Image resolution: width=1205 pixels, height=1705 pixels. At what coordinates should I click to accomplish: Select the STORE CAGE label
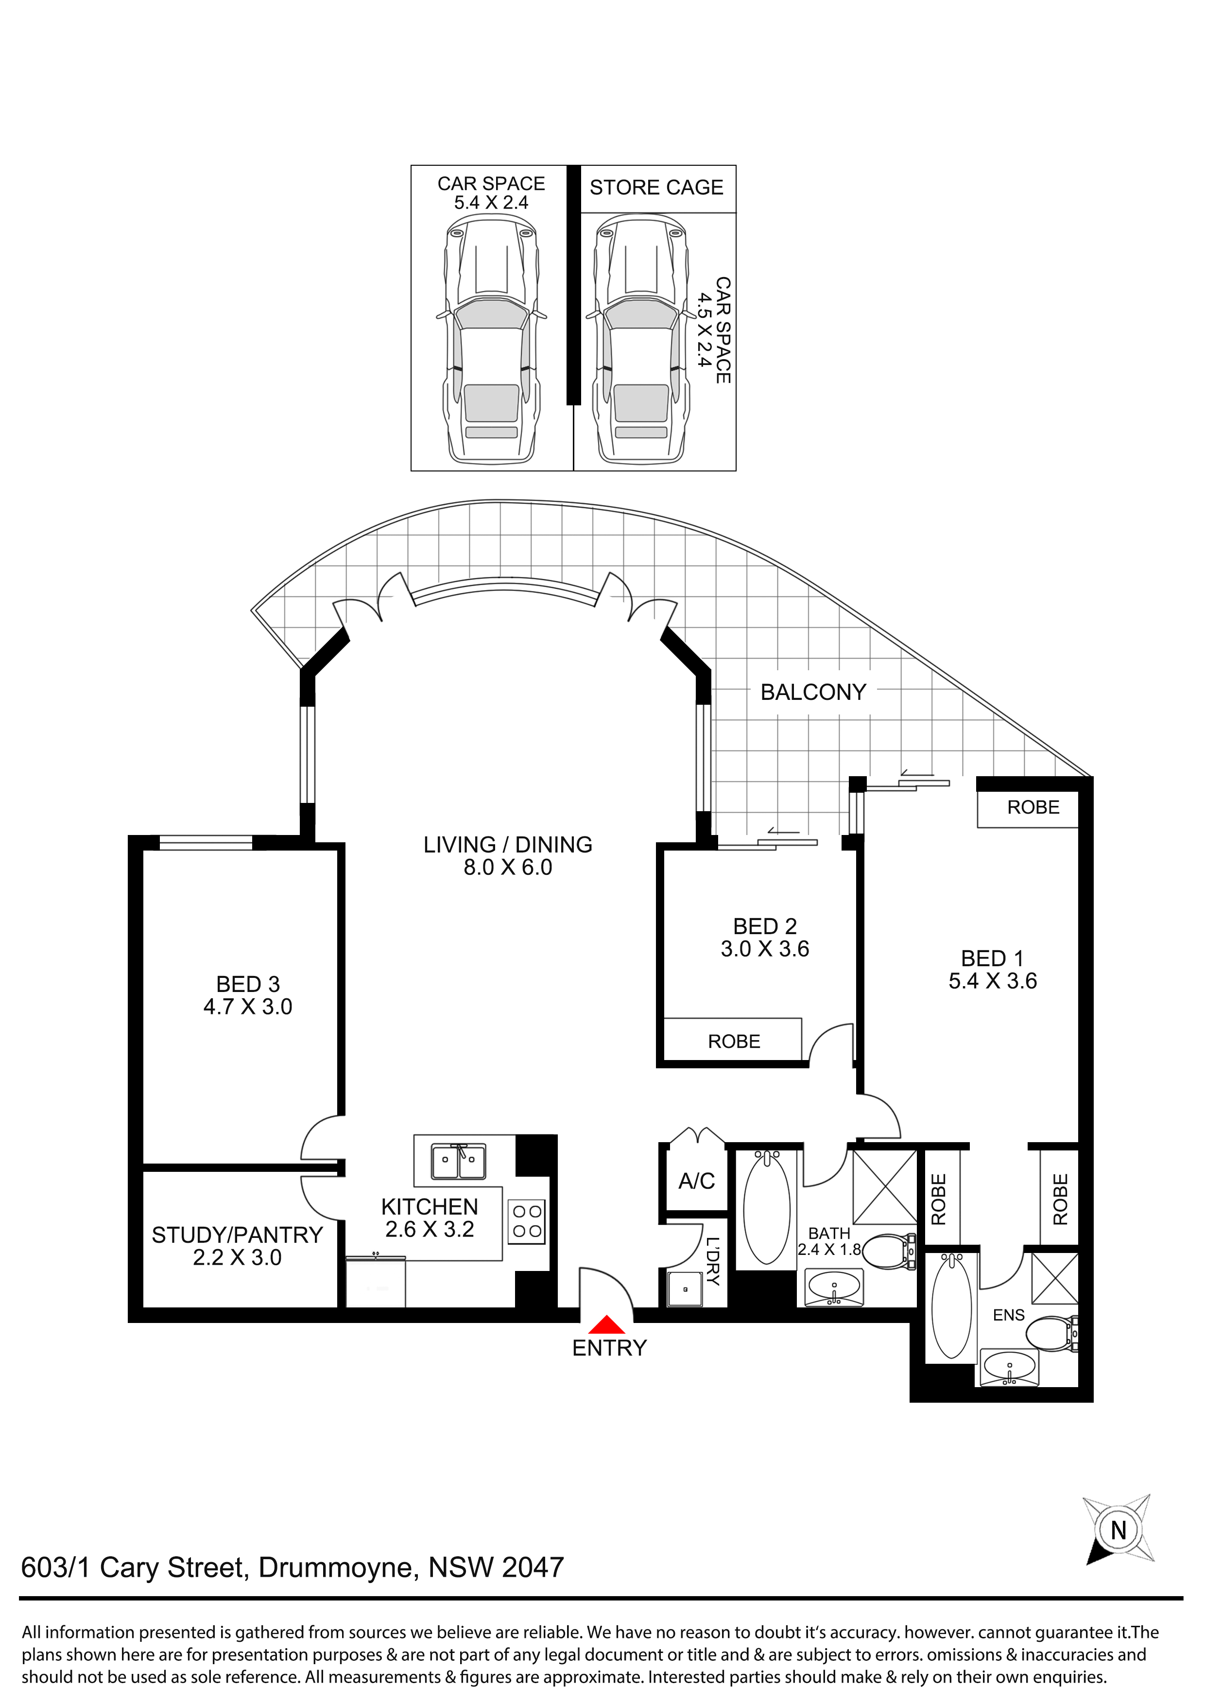pyautogui.click(x=656, y=187)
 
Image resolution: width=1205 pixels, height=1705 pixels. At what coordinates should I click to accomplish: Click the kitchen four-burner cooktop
pyautogui.click(x=526, y=1222)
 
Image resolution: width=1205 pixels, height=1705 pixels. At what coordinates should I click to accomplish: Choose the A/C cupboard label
pyautogui.click(x=696, y=1181)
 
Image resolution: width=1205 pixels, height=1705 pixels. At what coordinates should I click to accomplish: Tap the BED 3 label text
pyautogui.click(x=248, y=984)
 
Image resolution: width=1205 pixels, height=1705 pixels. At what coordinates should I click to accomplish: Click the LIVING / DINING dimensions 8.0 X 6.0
pyautogui.click(x=508, y=868)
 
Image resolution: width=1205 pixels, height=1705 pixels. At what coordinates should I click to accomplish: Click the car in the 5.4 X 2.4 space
pyautogui.click(x=492, y=343)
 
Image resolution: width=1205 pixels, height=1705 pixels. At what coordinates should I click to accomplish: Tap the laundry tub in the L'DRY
pyautogui.click(x=685, y=1289)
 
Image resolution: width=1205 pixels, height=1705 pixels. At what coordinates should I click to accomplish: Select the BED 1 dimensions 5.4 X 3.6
pyautogui.click(x=993, y=981)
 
